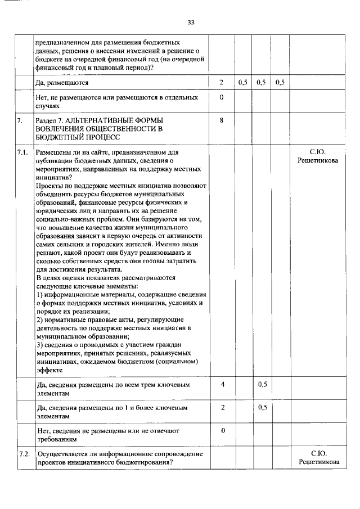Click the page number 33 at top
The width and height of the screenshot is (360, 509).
tap(191, 22)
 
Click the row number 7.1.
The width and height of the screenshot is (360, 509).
tap(23, 152)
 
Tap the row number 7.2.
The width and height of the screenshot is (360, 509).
tap(24, 453)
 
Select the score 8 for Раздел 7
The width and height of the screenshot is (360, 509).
tap(222, 120)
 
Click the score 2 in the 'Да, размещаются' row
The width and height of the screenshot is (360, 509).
tap(222, 83)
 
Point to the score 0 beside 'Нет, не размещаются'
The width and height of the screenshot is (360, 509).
tap(222, 97)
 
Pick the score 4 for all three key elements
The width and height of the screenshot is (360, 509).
tap(223, 385)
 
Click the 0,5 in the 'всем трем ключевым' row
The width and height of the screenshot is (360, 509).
tap(262, 385)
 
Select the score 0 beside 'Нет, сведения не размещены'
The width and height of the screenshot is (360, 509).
tap(223, 430)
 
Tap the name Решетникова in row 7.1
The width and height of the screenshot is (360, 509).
tap(318, 161)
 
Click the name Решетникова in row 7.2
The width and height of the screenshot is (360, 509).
tap(318, 462)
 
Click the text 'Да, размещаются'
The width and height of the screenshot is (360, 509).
tap(62, 83)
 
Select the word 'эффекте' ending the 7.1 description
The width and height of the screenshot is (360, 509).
tap(48, 370)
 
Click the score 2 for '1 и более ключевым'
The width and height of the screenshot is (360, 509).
tap(223, 408)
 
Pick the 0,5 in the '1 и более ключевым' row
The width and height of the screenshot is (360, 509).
tap(262, 408)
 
